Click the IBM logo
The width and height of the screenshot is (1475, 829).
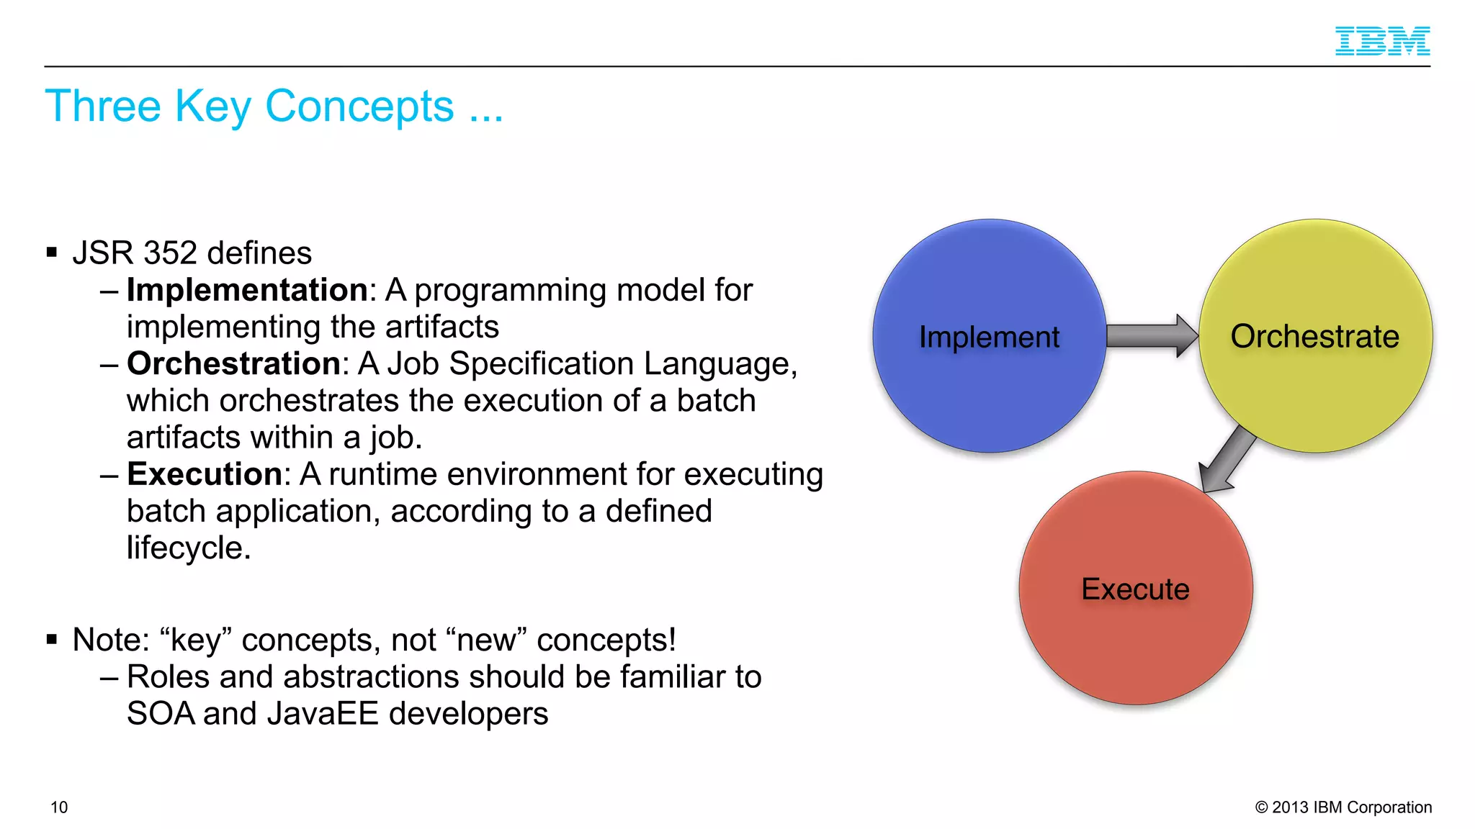(1382, 41)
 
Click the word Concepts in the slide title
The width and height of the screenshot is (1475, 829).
(359, 107)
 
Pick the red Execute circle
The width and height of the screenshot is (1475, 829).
(1135, 633)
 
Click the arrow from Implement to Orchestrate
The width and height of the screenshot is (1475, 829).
(1151, 335)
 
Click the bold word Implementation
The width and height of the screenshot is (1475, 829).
(247, 290)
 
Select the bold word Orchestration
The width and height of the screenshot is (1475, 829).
(233, 363)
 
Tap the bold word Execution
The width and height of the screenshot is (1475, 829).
(205, 474)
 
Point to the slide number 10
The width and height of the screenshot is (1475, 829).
(59, 807)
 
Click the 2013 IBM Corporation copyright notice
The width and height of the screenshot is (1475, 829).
(1343, 807)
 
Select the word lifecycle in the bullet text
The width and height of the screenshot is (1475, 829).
(189, 548)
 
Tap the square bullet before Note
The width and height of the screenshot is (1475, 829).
(51, 639)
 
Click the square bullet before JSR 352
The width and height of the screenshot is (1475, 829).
(51, 252)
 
